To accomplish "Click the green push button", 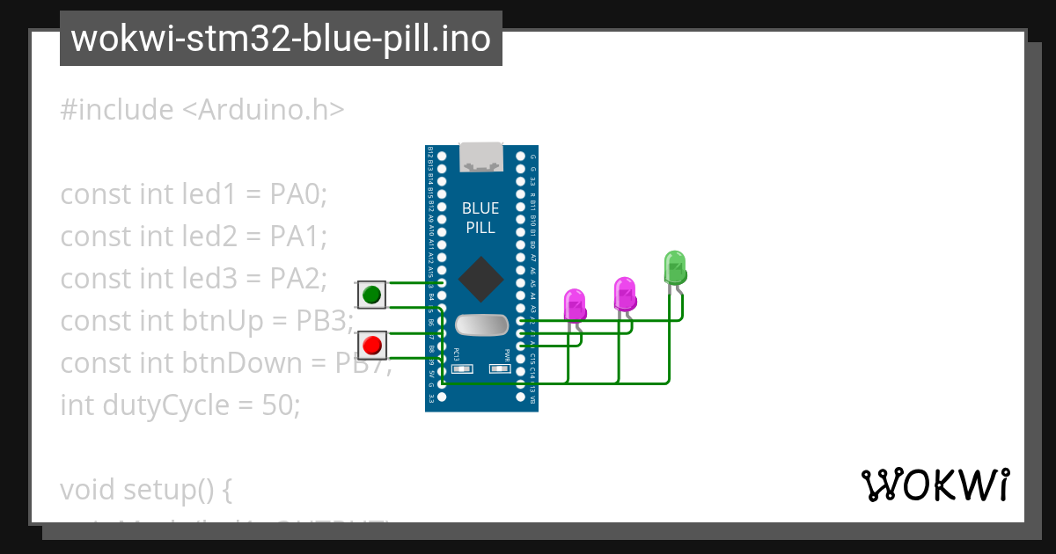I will point(371,295).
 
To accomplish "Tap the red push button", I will point(372,345).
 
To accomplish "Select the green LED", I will point(675,267).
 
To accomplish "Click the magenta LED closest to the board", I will point(575,305).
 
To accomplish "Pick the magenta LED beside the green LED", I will point(625,294).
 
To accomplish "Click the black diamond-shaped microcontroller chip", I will point(480,278).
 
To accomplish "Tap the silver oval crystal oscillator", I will point(481,324).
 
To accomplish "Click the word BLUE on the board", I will point(480,208).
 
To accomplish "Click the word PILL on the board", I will point(480,228).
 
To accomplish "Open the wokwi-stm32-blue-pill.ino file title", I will point(281,39).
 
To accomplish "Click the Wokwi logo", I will point(935,485).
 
